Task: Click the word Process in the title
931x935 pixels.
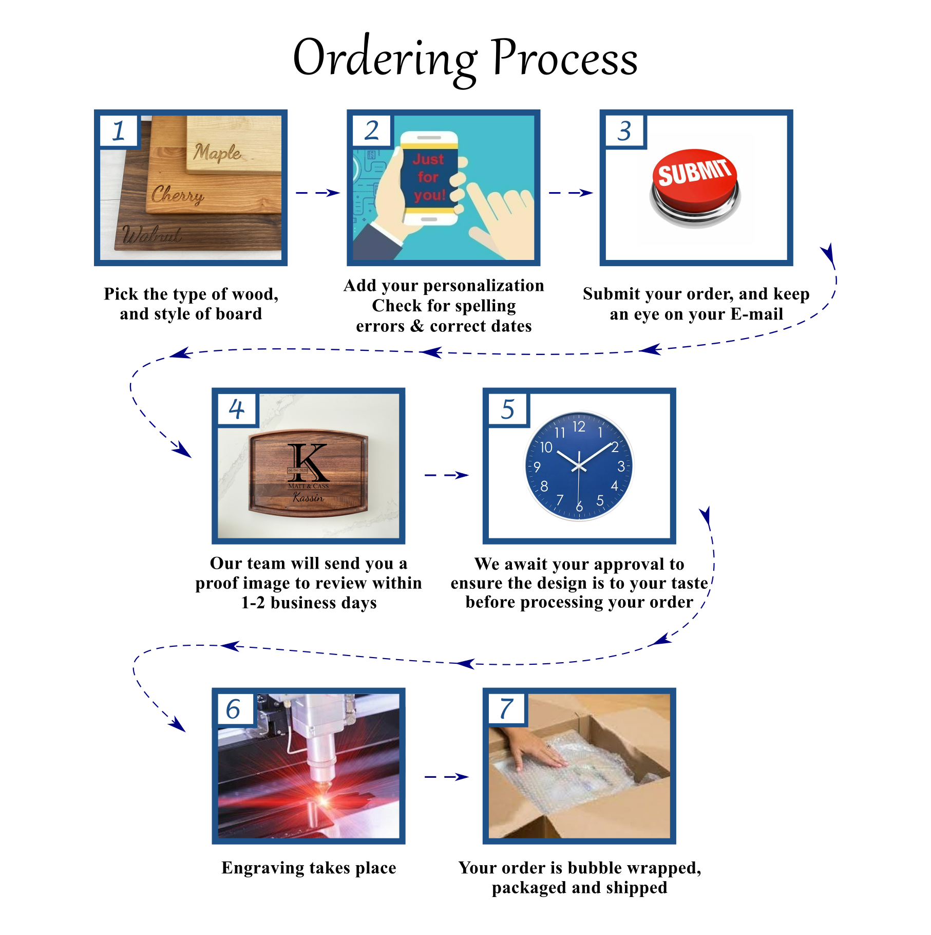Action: point(564,58)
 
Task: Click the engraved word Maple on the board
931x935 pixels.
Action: point(217,153)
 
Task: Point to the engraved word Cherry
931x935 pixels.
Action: point(178,195)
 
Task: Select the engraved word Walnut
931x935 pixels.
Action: point(152,234)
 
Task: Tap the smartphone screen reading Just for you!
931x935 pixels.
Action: point(429,177)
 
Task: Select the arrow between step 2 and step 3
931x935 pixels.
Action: point(571,193)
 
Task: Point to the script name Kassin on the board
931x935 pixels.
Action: point(308,497)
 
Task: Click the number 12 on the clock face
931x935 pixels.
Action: point(579,426)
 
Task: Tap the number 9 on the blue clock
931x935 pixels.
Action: point(537,466)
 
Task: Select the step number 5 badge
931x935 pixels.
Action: point(507,409)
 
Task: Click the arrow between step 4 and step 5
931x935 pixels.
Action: point(446,475)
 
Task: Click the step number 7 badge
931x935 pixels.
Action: point(506,709)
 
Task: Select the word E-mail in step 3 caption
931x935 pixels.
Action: point(757,314)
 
